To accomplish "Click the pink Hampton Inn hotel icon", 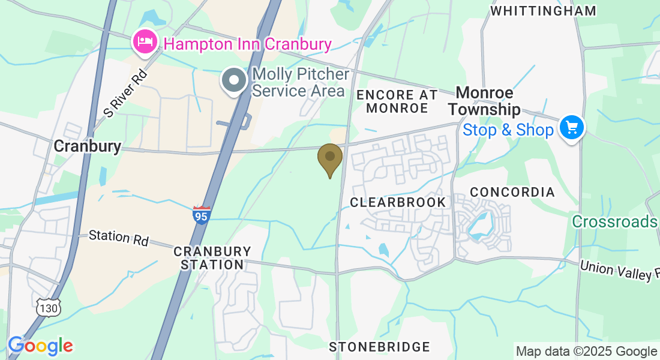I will click(145, 42).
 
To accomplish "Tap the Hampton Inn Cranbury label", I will click(247, 44).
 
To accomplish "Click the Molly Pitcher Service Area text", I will click(300, 83).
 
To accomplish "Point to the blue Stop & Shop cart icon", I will click(571, 127).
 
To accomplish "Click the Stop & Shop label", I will click(508, 130).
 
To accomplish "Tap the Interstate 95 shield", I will click(202, 215).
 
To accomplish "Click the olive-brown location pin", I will click(329, 157).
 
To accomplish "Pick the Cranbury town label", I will click(87, 146).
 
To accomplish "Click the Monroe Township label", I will click(484, 101).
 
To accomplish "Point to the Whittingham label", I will click(543, 11).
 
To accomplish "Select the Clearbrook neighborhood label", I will click(398, 202).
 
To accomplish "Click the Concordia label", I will click(512, 192).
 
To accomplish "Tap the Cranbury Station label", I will click(212, 258).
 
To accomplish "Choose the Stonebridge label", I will click(379, 347).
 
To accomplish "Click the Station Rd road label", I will click(118, 237).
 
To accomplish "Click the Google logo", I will click(40, 346).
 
